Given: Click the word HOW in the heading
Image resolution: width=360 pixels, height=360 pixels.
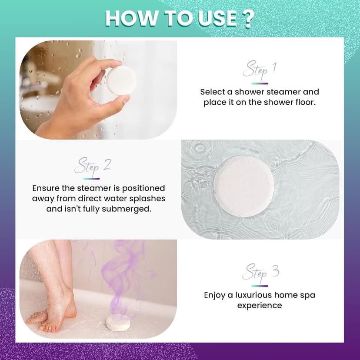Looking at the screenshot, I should point(128,19).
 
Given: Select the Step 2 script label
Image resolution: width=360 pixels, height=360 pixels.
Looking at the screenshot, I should point(93,166).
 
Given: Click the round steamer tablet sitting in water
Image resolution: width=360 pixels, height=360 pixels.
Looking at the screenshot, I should point(243,186).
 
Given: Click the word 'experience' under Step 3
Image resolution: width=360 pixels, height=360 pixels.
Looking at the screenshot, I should point(260,306).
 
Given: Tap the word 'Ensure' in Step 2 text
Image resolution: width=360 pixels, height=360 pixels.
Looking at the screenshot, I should point(47,188).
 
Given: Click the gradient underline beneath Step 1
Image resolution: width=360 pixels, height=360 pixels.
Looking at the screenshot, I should point(260,83).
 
